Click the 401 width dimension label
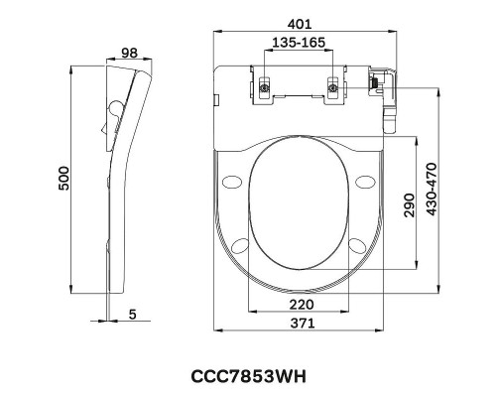[300, 24]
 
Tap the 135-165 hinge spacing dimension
[299, 43]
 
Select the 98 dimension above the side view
[129, 53]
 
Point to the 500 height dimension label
[63, 179]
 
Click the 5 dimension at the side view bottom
[132, 315]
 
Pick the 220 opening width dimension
[302, 305]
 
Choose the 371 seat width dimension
[303, 323]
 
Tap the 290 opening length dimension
[409, 205]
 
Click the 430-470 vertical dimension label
[432, 189]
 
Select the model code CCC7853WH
[249, 376]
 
